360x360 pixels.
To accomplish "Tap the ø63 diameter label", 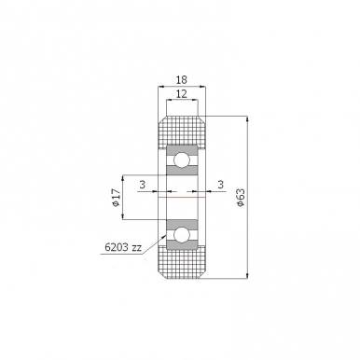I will pos(242,198).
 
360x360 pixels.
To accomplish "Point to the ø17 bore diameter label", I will pos(116,197).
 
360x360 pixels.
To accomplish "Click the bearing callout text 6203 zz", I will pos(124,249).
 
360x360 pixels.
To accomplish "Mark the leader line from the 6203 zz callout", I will pos(155,241).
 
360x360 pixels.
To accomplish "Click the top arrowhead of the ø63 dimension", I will pos(248,119).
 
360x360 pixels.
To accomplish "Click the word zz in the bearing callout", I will pos(137,249).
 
